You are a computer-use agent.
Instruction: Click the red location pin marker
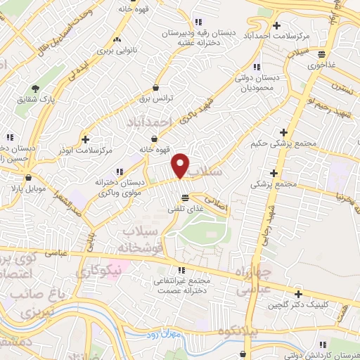pos(181,165)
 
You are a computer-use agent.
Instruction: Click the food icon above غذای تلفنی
pos(185,198)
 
